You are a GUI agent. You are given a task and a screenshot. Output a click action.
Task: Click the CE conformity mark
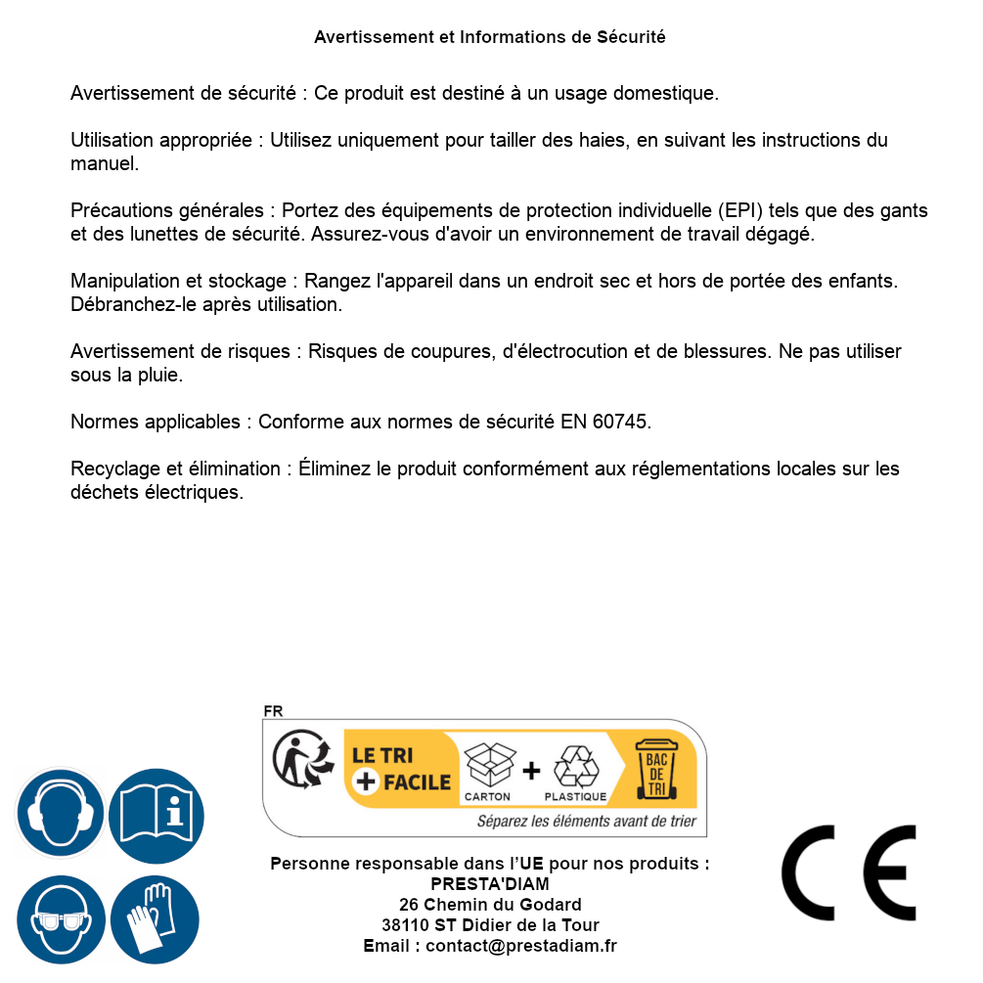pyautogui.click(x=848, y=872)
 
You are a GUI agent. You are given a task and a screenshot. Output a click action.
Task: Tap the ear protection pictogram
pyautogui.click(x=60, y=814)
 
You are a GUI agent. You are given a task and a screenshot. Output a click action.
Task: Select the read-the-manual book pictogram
pyautogui.click(x=156, y=814)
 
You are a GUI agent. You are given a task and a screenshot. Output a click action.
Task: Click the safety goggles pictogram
pyautogui.click(x=60, y=919)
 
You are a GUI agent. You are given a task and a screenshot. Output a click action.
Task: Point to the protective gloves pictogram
pyautogui.click(x=155, y=919)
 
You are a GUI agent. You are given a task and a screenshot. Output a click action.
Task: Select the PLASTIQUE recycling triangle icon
pyautogui.click(x=576, y=766)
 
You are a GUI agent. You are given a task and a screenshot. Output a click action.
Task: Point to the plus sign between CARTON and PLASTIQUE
pyautogui.click(x=531, y=771)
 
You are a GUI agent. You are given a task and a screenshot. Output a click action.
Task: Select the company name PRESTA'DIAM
pyautogui.click(x=489, y=884)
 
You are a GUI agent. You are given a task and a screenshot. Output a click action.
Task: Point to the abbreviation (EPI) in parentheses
pyautogui.click(x=742, y=210)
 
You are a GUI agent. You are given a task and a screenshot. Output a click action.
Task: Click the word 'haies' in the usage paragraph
pyautogui.click(x=601, y=140)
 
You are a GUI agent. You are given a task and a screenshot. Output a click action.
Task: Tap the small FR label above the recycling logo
pyautogui.click(x=273, y=712)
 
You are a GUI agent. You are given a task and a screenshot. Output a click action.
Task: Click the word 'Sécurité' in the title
pyautogui.click(x=631, y=37)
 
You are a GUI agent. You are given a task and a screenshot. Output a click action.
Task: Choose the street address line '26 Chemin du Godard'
pyautogui.click(x=489, y=905)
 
